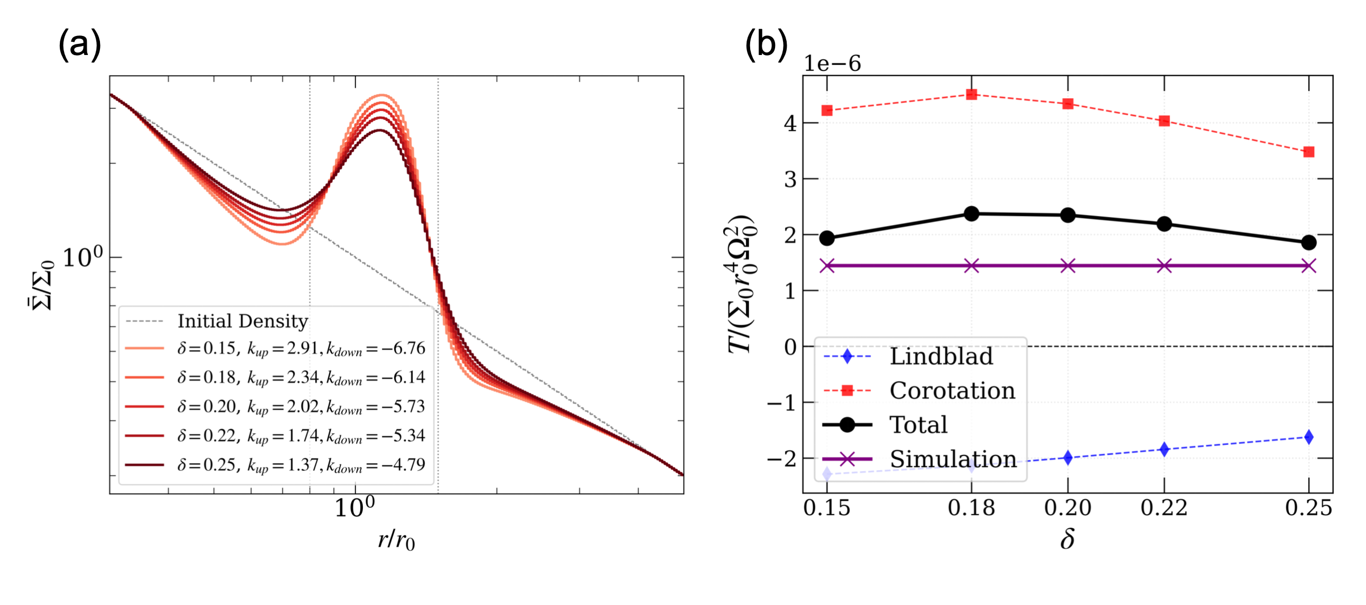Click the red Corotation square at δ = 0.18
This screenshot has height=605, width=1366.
pyautogui.click(x=971, y=94)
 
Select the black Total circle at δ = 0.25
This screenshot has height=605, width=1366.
pyautogui.click(x=1308, y=242)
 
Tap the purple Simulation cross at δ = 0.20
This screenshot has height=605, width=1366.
pyautogui.click(x=1068, y=265)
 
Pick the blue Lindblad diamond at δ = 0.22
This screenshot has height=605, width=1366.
pyautogui.click(x=1164, y=449)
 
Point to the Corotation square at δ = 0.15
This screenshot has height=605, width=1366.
pyautogui.click(x=827, y=111)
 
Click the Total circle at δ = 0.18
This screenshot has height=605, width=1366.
pyautogui.click(x=971, y=214)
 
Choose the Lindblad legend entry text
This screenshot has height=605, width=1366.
pyautogui.click(x=941, y=356)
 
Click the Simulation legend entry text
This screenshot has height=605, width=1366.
pyautogui.click(x=952, y=459)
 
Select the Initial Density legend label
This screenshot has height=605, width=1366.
pyautogui.click(x=242, y=321)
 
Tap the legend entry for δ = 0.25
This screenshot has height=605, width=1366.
pyautogui.click(x=300, y=465)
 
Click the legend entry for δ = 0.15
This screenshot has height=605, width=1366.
pyautogui.click(x=300, y=349)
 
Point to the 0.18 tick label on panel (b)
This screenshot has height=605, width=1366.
pyautogui.click(x=971, y=508)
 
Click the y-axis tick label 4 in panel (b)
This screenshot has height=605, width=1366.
pyautogui.click(x=790, y=124)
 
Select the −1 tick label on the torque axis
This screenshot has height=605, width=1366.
pyautogui.click(x=782, y=403)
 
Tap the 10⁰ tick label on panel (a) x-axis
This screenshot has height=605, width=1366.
pyautogui.click(x=354, y=508)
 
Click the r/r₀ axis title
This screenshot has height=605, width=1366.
pyautogui.click(x=396, y=540)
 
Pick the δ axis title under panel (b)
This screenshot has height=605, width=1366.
pyautogui.click(x=1067, y=540)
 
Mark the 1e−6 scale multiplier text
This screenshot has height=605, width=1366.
pyautogui.click(x=832, y=63)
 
